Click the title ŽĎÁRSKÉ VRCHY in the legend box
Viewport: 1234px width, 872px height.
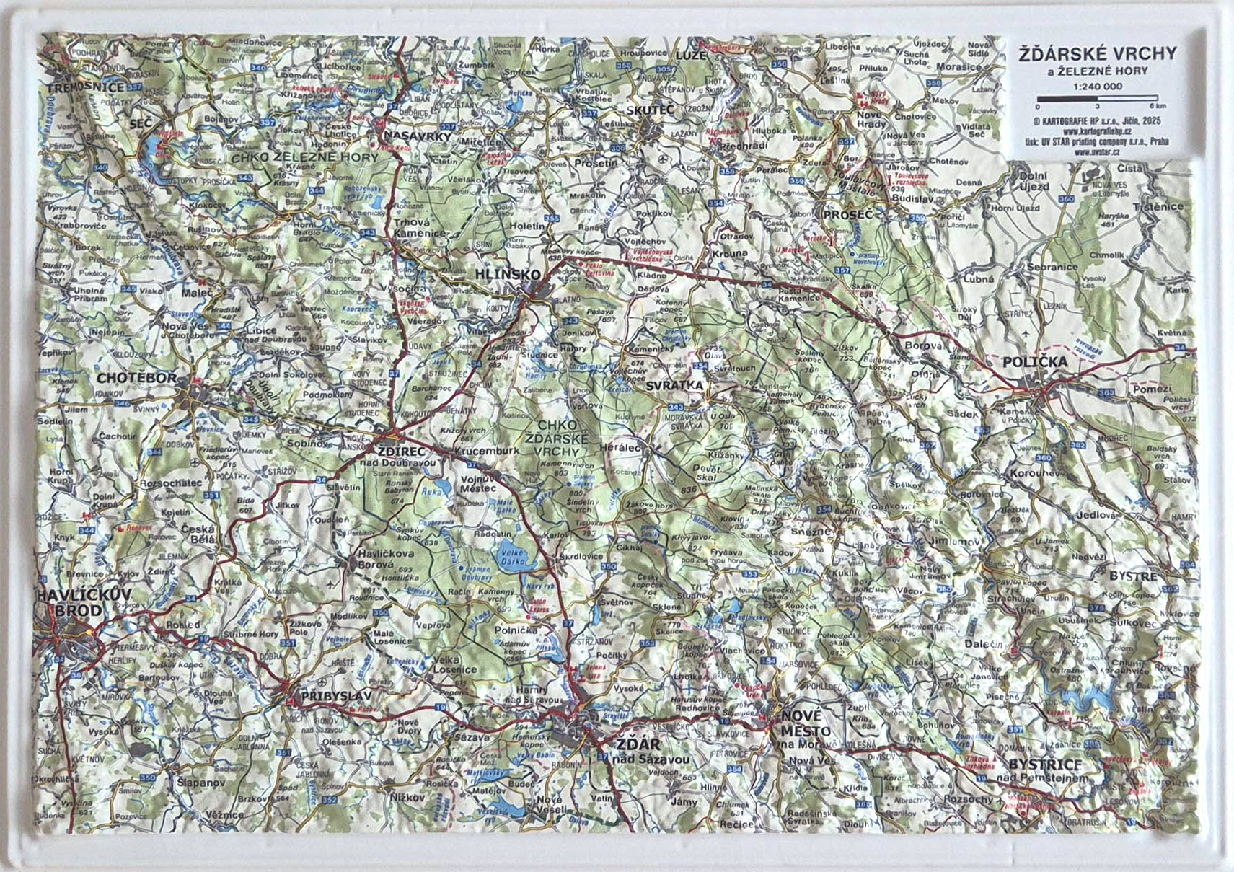click(x=1096, y=53)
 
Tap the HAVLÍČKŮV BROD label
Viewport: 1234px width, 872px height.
click(x=84, y=602)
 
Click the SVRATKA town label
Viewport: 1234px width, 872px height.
click(x=674, y=385)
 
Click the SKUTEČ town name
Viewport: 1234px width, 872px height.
click(x=650, y=110)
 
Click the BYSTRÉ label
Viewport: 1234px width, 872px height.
click(x=1132, y=576)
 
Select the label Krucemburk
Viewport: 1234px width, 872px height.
click(x=487, y=451)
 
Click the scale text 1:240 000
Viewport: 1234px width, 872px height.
click(x=1098, y=86)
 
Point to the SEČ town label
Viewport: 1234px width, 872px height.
click(x=141, y=124)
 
